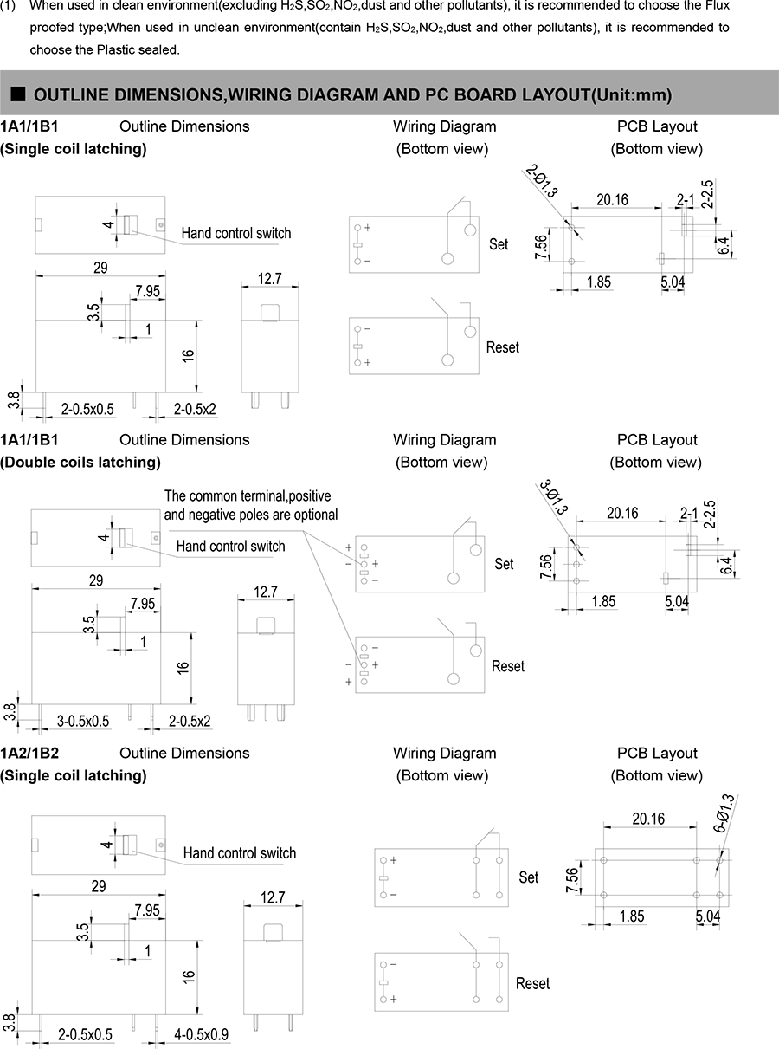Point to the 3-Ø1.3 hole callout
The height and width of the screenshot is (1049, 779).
pos(554,497)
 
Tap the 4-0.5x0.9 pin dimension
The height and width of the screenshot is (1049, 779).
pos(201,1034)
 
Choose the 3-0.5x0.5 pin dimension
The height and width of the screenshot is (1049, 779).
pos(83,721)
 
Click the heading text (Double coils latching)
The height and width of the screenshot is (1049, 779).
pos(80,463)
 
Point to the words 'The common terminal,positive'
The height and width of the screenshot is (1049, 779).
pos(248,496)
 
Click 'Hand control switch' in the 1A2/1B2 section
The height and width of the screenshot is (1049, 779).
pos(239,853)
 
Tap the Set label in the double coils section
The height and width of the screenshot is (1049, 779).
pos(504,564)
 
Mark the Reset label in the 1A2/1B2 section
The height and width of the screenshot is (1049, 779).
pos(532,984)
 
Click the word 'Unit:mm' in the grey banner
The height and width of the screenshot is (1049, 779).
pos(634,94)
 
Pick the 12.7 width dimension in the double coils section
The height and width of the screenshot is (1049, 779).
pos(265,592)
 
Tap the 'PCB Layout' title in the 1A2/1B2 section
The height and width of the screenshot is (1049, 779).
pos(657,754)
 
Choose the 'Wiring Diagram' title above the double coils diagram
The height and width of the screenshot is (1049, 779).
pos(444,440)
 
